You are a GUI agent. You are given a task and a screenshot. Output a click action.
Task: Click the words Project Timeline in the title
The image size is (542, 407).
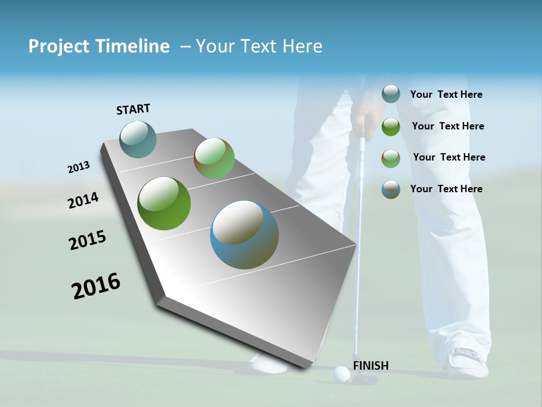(99, 46)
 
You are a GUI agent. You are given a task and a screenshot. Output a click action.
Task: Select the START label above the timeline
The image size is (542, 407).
(133, 109)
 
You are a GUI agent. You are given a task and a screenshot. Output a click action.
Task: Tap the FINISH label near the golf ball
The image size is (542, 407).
(370, 366)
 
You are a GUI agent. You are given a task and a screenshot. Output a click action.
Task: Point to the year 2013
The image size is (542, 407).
(78, 167)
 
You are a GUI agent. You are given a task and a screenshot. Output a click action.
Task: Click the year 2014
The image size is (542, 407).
(84, 201)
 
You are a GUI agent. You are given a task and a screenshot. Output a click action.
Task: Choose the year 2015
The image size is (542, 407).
(88, 240)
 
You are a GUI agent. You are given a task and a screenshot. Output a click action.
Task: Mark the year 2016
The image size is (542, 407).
(96, 286)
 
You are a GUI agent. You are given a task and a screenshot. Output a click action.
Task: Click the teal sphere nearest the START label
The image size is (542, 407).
(138, 139)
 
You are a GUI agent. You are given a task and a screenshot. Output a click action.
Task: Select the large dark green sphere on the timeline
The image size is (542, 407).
(164, 203)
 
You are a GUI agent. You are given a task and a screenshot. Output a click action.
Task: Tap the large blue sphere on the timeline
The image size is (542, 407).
(244, 235)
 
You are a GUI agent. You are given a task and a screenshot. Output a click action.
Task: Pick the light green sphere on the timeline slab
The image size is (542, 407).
(214, 159)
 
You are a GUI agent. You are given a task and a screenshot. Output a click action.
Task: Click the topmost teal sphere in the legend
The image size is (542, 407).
(391, 94)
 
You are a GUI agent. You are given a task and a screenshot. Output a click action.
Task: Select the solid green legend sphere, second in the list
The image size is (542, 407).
(391, 127)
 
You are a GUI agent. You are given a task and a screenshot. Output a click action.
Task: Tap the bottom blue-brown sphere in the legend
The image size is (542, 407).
(391, 189)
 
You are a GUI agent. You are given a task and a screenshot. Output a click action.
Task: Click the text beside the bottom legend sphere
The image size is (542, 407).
(446, 189)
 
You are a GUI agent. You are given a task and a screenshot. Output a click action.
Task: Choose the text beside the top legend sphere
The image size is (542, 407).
(446, 94)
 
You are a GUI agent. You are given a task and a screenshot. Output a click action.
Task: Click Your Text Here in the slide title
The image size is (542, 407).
(259, 46)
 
